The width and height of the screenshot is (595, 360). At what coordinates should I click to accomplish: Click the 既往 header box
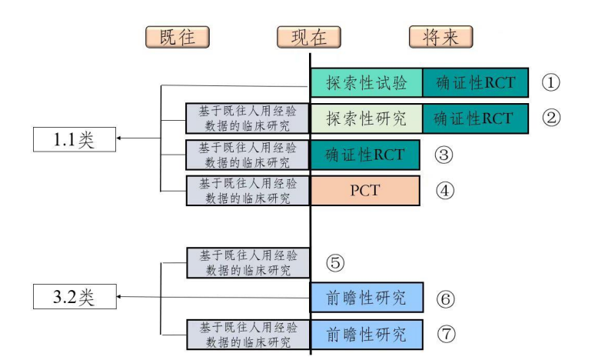point(178,37)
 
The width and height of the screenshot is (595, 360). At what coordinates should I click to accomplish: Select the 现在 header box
point(308,37)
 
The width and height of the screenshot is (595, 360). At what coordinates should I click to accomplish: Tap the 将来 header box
point(440,37)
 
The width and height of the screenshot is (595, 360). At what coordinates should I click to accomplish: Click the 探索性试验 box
point(367,82)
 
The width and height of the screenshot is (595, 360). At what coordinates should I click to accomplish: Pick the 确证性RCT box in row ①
point(475,82)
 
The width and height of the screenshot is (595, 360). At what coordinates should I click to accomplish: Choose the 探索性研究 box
point(367,118)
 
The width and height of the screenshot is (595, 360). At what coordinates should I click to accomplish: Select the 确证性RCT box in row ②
point(475,118)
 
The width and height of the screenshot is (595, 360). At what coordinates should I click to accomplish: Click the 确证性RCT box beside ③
point(365,155)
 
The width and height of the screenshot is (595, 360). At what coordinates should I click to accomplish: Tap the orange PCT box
point(365,190)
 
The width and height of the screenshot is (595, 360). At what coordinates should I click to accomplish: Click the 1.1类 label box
point(74,141)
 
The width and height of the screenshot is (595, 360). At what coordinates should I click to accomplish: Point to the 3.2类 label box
point(74,297)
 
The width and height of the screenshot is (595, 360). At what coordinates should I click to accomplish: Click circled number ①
point(550,82)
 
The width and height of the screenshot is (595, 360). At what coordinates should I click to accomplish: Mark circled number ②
point(550,118)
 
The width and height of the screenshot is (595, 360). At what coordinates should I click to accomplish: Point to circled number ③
point(444,155)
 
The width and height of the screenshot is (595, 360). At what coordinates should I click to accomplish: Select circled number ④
point(444,190)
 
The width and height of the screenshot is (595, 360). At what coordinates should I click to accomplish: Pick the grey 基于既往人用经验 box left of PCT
point(248,190)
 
